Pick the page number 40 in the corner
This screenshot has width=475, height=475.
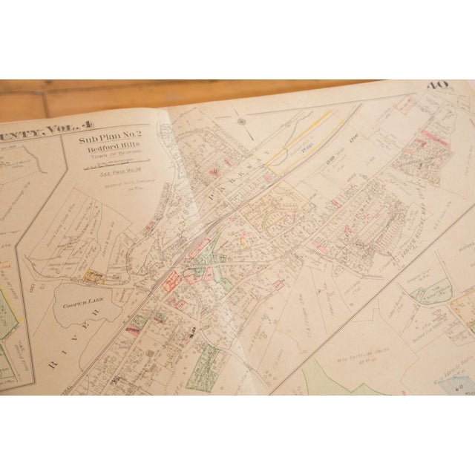point(437,87)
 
